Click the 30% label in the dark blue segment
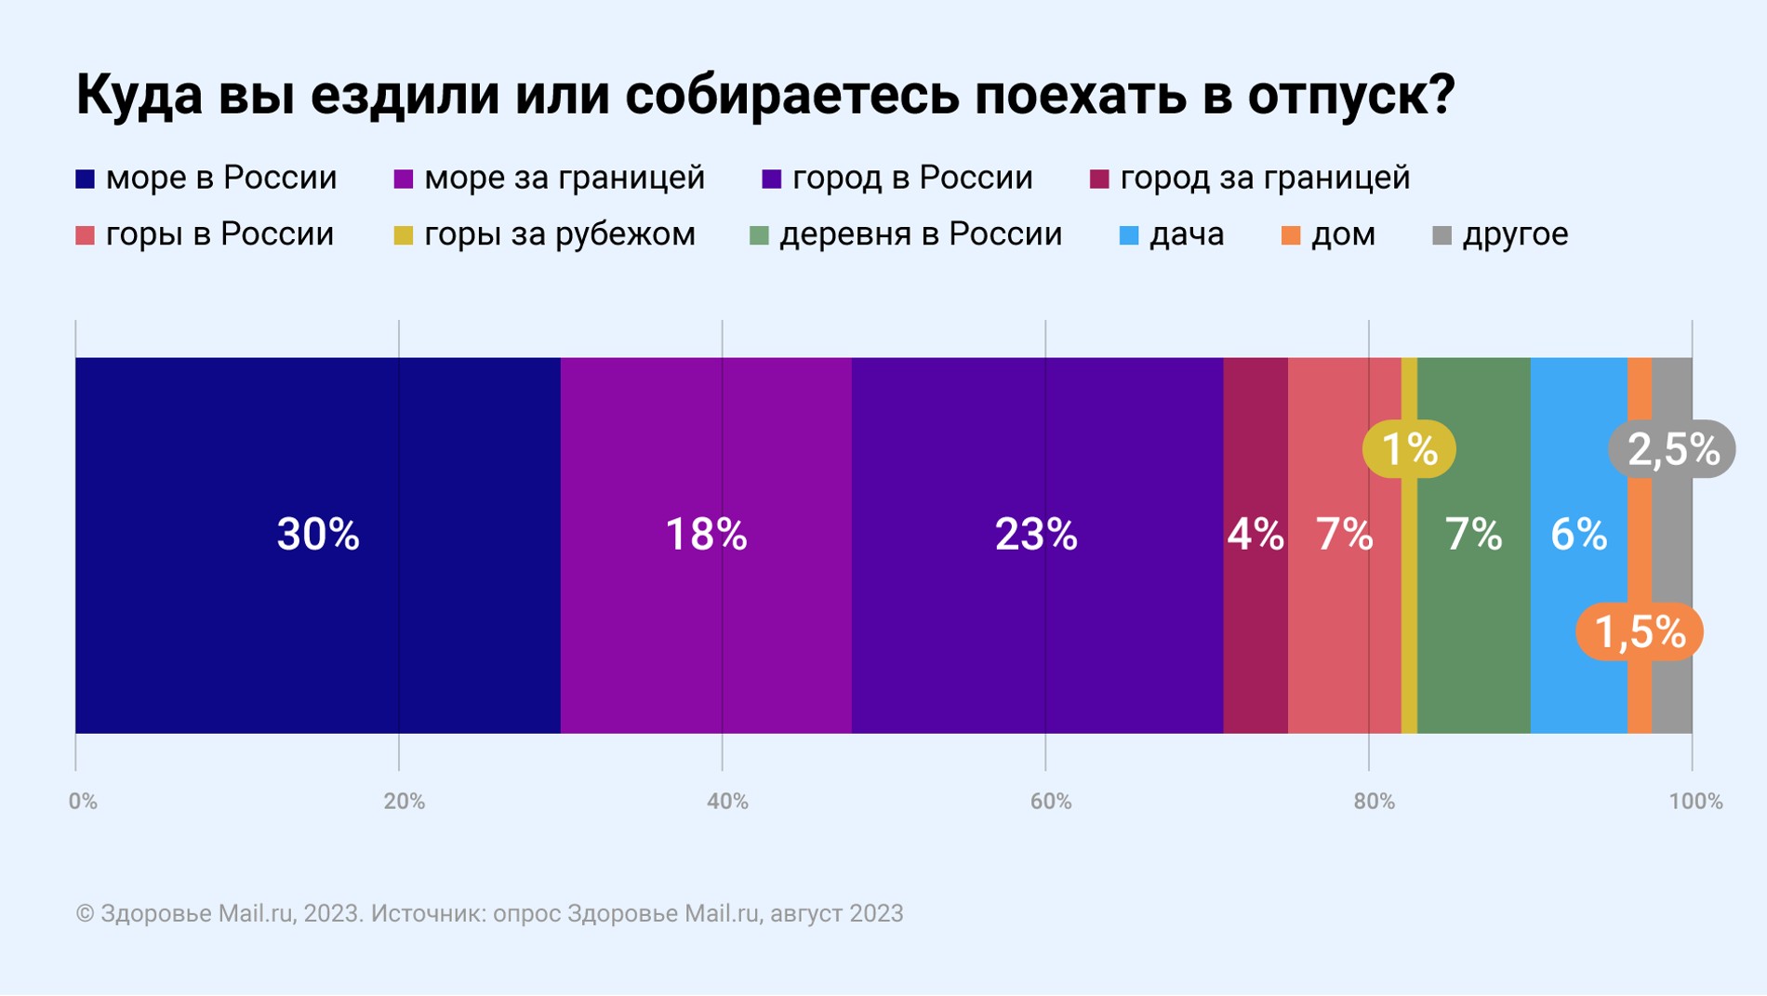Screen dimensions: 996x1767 pos(318,535)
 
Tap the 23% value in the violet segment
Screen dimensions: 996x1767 pos(1036,535)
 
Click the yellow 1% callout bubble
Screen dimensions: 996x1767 pos(1409,449)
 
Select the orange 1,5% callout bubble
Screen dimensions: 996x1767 pos(1640,632)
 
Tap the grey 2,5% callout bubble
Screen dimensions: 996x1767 pos(1672,449)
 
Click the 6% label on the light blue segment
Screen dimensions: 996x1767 pos(1578,535)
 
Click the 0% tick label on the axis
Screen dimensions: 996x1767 pos(83,802)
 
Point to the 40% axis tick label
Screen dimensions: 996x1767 pos(727,802)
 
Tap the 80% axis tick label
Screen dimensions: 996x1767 pos(1374,802)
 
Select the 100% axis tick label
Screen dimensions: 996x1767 pos(1695,802)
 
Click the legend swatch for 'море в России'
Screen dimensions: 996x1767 pos(86,179)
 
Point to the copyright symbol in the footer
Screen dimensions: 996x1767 pos(85,914)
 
